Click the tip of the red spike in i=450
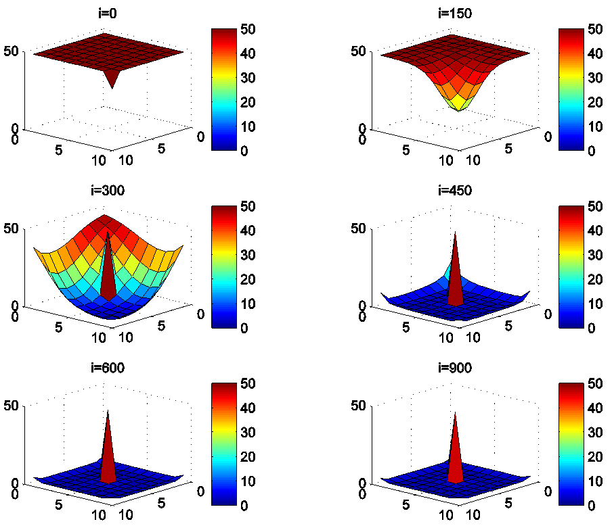455,231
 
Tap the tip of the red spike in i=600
107,409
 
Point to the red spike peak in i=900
455,409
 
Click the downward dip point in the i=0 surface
112,87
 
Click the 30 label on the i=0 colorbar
249,78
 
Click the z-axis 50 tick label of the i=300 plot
14,229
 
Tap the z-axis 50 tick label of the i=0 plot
14,51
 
